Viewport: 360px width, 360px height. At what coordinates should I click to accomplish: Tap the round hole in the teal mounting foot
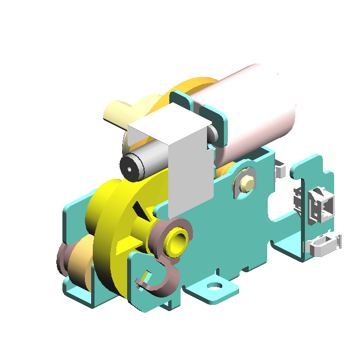214,286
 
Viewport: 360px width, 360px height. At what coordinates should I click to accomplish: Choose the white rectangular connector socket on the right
321,206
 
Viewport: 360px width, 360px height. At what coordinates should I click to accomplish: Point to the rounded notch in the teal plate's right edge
276,210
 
